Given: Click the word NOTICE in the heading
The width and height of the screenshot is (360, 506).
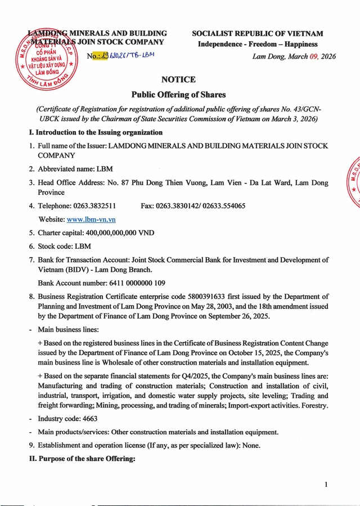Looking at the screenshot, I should (178, 80).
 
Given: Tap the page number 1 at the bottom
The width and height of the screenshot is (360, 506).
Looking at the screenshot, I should (326, 485).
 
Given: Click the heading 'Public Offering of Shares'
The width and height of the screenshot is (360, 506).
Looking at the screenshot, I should (178, 95).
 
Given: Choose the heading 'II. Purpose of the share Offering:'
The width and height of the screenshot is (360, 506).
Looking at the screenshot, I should (83, 459).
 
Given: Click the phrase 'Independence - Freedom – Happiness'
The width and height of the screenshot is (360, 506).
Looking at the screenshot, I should (257, 44).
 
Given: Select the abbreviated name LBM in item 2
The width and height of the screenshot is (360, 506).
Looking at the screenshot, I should (105, 169).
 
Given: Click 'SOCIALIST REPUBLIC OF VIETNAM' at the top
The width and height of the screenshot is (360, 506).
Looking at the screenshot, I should (257, 34).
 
